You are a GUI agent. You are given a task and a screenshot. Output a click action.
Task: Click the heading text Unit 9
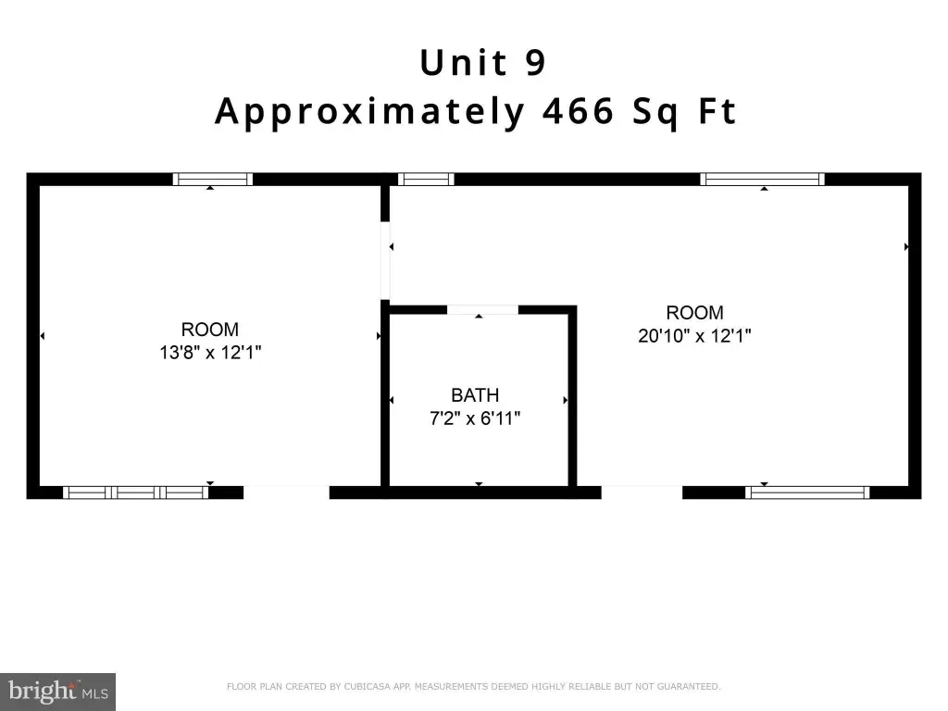(x=483, y=62)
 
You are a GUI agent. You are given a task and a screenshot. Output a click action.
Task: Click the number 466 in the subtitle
(x=578, y=111)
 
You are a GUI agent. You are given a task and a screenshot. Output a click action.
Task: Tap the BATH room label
(x=475, y=394)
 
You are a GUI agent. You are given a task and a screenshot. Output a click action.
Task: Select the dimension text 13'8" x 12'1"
(x=210, y=352)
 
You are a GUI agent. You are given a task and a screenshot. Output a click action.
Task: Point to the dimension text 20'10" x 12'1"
(x=694, y=335)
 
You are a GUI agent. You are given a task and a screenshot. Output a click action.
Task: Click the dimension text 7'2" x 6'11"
(x=475, y=418)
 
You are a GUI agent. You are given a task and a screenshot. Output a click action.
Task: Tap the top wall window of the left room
(x=213, y=179)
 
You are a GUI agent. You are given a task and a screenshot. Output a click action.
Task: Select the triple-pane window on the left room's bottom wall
(x=136, y=493)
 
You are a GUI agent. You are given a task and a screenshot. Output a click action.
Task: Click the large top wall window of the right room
(x=763, y=179)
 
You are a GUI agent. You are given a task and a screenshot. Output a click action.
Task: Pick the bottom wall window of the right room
(x=807, y=493)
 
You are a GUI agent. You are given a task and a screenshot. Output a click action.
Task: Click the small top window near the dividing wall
(x=426, y=179)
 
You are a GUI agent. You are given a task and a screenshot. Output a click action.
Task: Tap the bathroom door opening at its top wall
(x=482, y=310)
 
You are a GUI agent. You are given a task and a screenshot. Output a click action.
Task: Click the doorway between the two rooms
(x=385, y=260)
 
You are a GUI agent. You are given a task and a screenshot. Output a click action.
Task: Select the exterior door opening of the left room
(x=287, y=493)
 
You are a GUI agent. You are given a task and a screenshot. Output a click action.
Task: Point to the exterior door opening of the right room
(x=642, y=493)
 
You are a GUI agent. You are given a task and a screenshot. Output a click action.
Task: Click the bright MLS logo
(x=58, y=692)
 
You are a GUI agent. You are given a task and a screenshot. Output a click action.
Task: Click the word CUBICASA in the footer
(x=368, y=686)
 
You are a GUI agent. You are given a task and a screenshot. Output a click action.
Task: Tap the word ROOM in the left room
(x=210, y=330)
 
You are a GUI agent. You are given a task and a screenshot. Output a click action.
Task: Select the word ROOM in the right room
(x=694, y=313)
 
